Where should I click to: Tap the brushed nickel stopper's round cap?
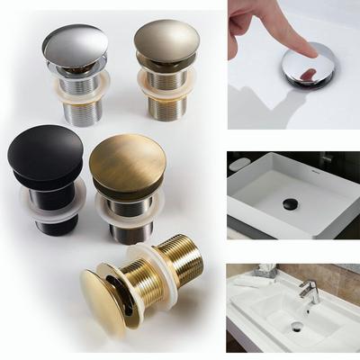coord(166,40)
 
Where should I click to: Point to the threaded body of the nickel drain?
coord(167,103)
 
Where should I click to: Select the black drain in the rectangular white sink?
coord(291,204)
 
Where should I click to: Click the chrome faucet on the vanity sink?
coord(309,290)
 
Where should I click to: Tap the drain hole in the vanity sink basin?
coord(297,328)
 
